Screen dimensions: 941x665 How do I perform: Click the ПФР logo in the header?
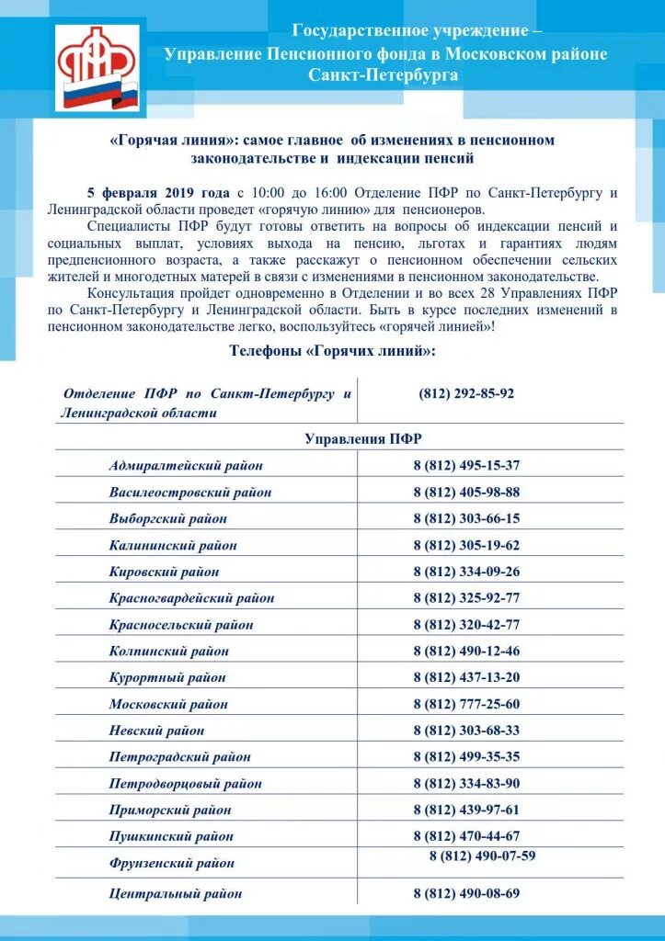pos(98,67)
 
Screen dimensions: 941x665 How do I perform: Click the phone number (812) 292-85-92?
pos(466,393)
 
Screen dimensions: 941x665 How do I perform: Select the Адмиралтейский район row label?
pos(186,466)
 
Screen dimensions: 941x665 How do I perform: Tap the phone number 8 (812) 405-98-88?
pos(466,492)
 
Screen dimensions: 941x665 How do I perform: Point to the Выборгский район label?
pos(167,518)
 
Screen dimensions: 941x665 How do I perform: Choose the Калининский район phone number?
pos(466,545)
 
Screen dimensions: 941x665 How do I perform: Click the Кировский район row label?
pos(164,572)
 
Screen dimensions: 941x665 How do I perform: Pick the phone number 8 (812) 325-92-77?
pos(466,598)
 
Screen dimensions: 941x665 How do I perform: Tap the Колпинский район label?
pos(169,652)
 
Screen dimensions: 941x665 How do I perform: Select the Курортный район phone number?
pos(466,677)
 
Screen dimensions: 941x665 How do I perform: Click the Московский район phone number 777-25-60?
pos(466,704)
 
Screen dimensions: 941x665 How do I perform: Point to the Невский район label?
pos(156,731)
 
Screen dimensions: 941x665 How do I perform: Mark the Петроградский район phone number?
pos(466,757)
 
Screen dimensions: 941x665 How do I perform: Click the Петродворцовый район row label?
pos(185,784)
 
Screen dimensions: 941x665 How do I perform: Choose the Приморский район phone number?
pos(466,810)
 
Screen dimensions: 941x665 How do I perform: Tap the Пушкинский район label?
pos(171,837)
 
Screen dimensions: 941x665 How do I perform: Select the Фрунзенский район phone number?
pos(482,856)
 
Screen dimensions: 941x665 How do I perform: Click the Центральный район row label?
pos(176,893)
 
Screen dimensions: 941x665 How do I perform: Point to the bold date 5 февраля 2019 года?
pos(158,193)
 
